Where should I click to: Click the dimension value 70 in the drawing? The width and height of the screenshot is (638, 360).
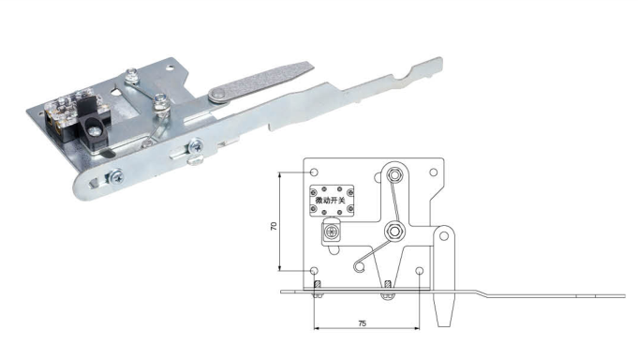click(x=274, y=226)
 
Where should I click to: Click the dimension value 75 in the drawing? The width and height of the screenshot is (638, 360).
click(x=363, y=323)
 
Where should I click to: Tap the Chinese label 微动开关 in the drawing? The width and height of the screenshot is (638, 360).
click(x=331, y=201)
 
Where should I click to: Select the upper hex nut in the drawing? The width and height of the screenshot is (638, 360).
click(x=393, y=175)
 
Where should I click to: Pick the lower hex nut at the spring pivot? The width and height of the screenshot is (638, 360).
click(x=393, y=232)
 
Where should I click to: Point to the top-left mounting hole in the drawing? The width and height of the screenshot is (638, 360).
click(x=314, y=172)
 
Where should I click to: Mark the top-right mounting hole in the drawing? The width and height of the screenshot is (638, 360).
click(x=434, y=172)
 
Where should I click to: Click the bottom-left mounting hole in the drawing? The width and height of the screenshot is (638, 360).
click(x=314, y=270)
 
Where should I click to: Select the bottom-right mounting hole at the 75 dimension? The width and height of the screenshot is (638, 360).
click(x=420, y=270)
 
